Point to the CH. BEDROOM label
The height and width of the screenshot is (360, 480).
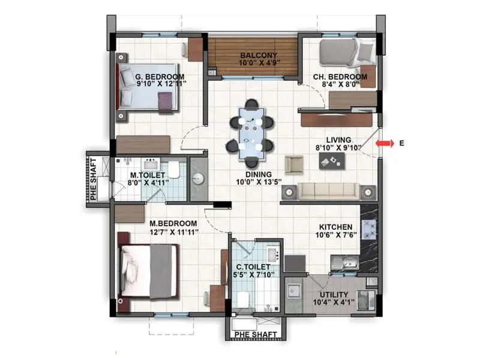[340, 77]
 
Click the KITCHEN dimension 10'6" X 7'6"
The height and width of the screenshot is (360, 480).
[335, 235]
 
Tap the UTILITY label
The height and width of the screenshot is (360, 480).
[334, 294]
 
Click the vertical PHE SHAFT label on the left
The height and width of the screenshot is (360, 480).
[94, 178]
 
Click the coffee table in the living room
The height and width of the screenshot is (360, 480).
[331, 160]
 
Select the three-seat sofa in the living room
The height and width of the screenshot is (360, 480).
[328, 191]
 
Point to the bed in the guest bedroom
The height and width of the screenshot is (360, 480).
[147, 88]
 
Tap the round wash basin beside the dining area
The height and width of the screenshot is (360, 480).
[198, 178]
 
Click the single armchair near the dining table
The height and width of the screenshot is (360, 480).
[293, 164]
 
